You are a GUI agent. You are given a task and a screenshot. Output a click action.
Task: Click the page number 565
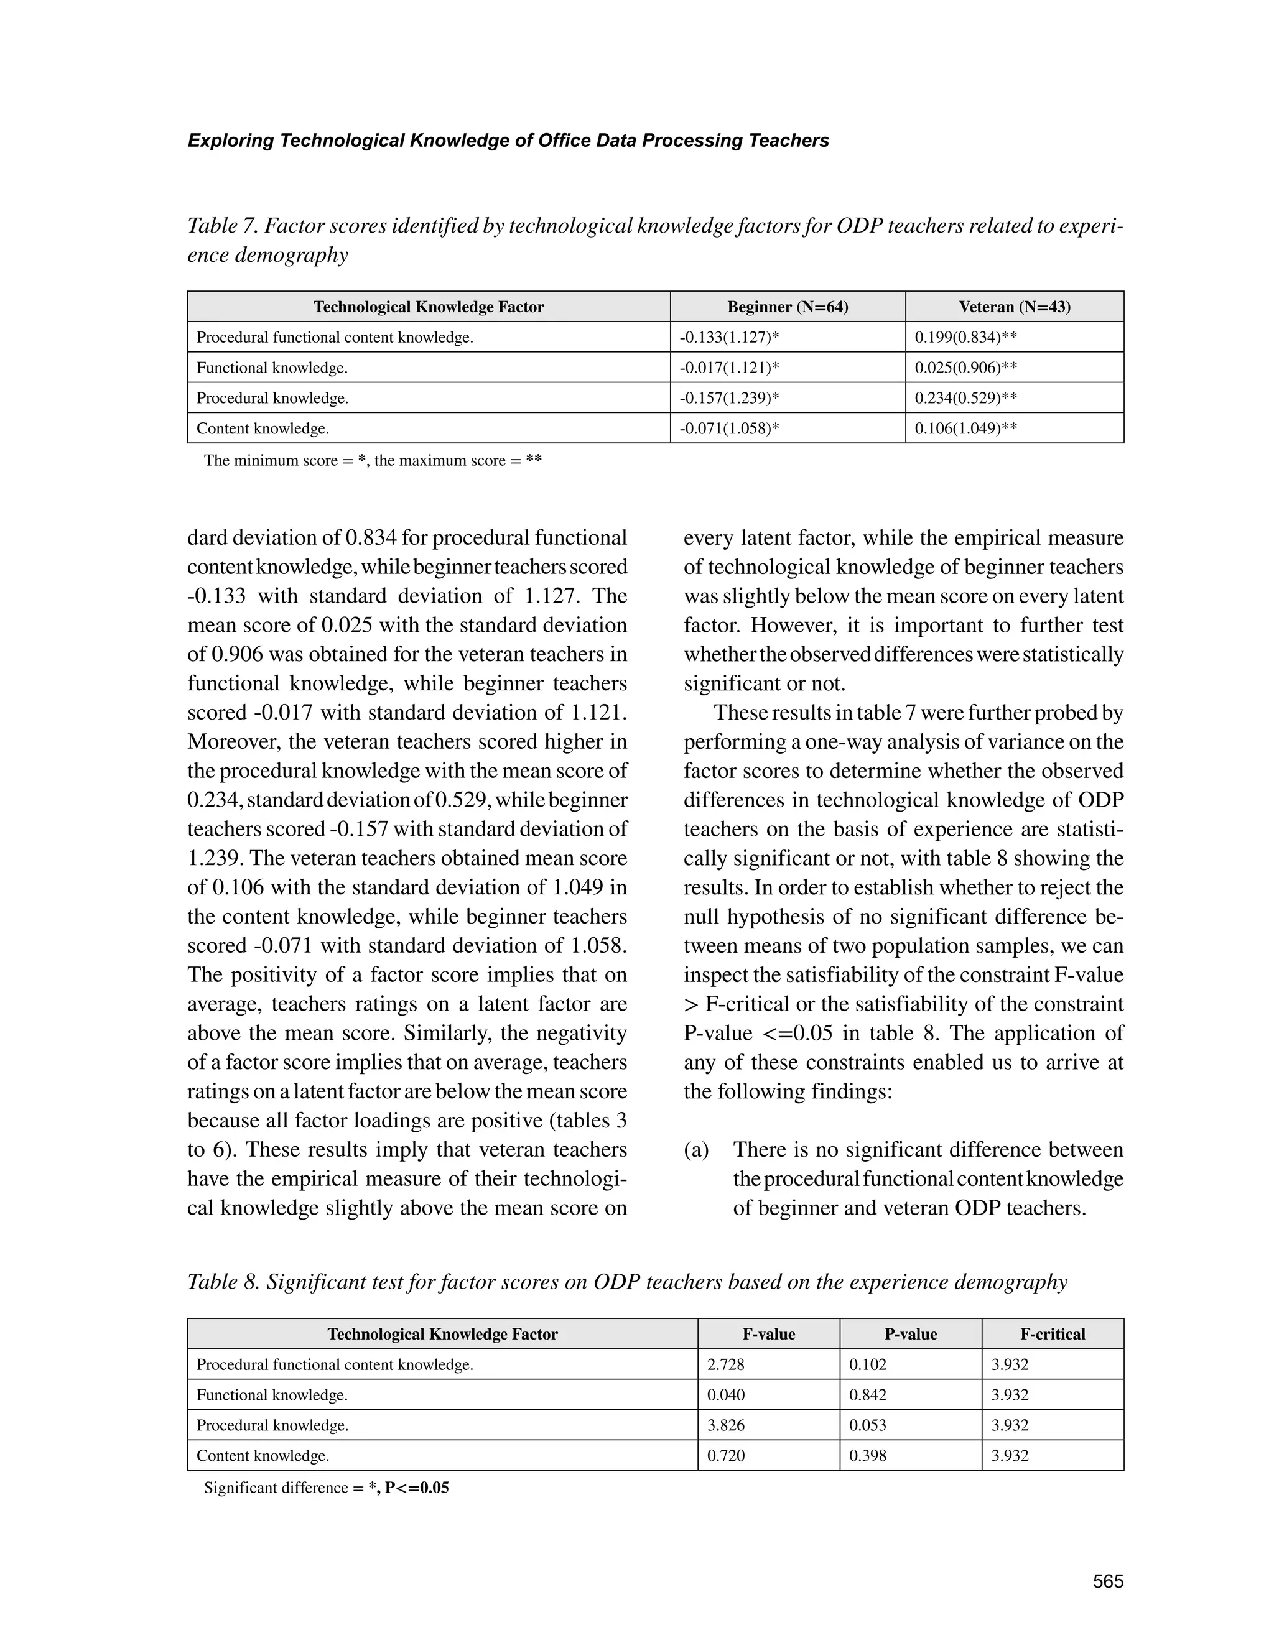pos(1107,1581)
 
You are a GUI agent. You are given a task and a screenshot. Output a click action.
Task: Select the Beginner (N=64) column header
pos(787,307)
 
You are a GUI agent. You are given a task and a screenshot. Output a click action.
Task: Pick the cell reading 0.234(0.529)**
pos(965,397)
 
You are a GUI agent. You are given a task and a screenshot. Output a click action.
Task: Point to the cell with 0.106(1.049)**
pos(965,428)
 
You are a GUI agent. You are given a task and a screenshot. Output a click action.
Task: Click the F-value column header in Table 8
pos(768,1334)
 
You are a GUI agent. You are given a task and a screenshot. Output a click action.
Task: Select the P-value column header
pos(910,1334)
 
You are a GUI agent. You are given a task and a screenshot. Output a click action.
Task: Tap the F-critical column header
pos(1052,1334)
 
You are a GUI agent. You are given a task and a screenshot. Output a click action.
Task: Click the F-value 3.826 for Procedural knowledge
pos(725,1425)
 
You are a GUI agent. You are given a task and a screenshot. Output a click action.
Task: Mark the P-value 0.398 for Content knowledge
pos(867,1456)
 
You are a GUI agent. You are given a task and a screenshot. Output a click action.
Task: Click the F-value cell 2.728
pos(725,1364)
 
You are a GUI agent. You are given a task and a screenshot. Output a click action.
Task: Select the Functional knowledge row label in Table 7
pos(272,368)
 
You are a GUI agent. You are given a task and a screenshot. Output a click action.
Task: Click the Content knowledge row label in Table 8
pos(263,1456)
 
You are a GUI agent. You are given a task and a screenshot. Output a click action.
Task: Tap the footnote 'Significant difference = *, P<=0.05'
pos(326,1488)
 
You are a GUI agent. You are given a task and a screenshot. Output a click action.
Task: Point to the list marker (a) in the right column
pos(696,1150)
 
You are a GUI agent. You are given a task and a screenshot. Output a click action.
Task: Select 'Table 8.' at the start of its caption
pos(223,1282)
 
